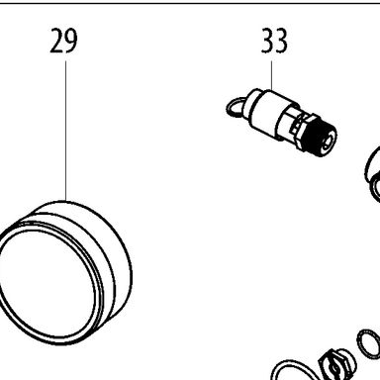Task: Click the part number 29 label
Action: [x=63, y=41]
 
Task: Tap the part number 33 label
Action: [x=274, y=41]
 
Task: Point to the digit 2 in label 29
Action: [x=56, y=41]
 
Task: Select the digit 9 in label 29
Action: [x=71, y=41]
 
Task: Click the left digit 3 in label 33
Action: [x=267, y=41]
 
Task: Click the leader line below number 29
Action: [x=65, y=131]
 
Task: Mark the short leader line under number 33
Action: [x=272, y=75]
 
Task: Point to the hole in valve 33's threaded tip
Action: [x=328, y=142]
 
